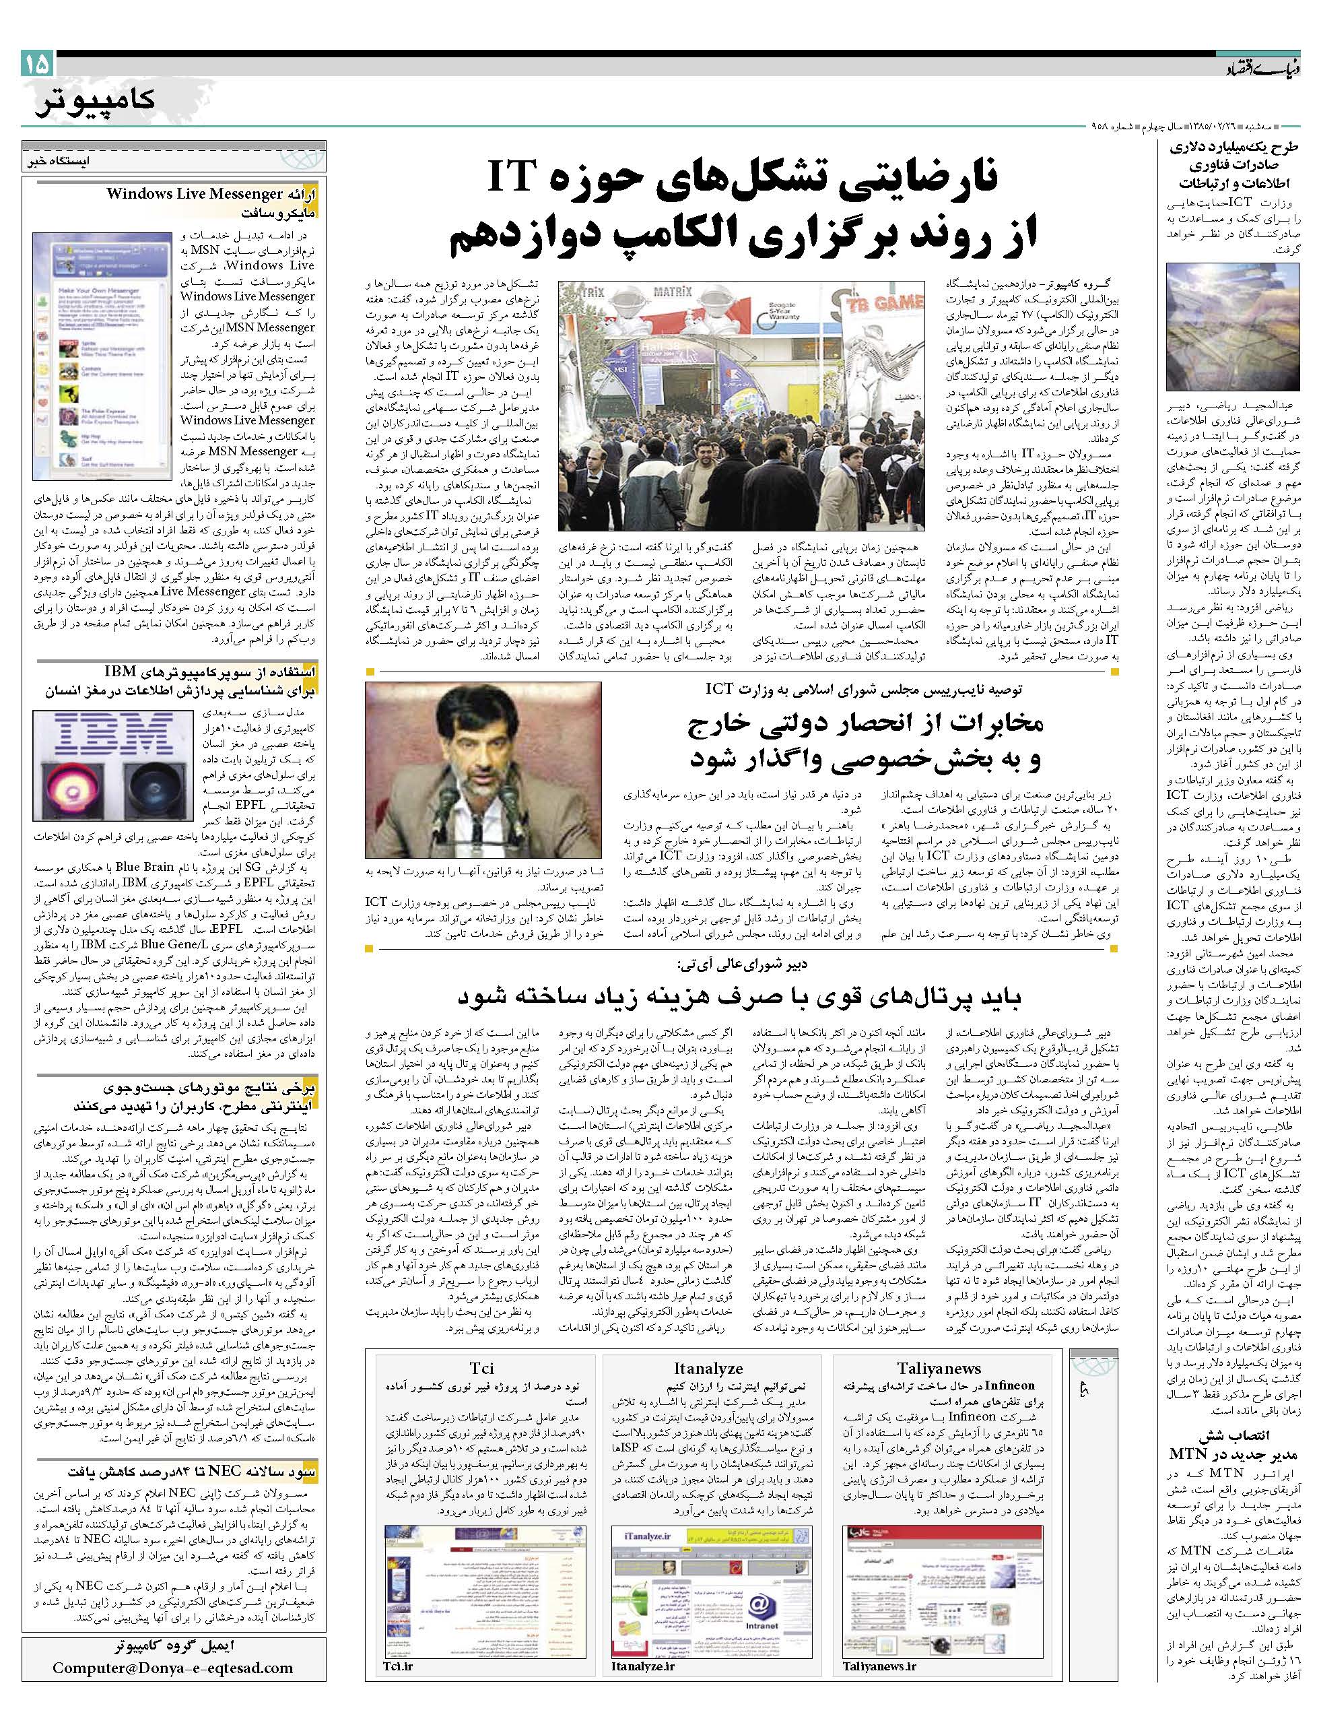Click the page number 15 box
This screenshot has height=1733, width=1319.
(x=37, y=63)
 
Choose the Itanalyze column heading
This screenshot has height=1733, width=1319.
(x=708, y=1368)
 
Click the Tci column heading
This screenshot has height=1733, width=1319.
(x=481, y=1368)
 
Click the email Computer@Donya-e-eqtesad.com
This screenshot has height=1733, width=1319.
(x=173, y=1705)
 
